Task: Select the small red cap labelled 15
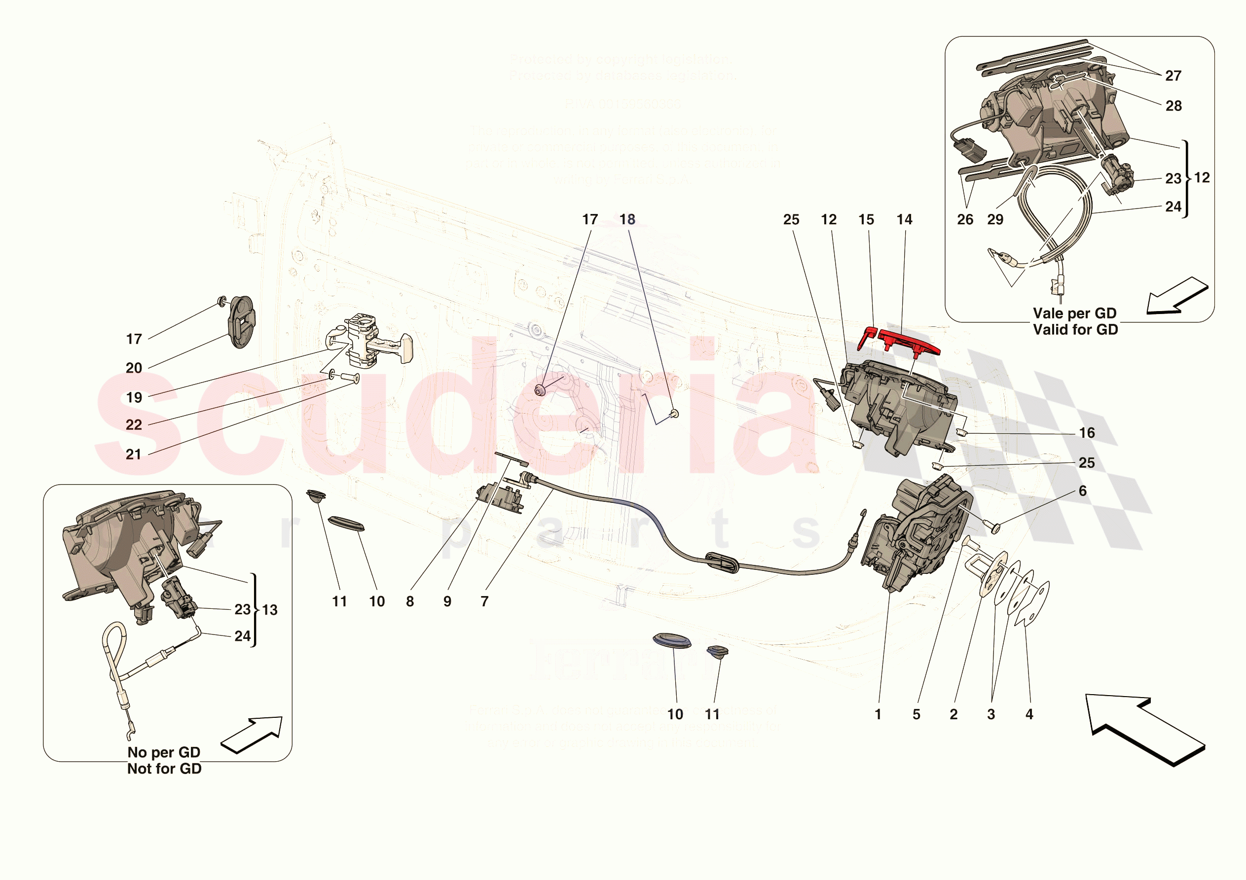pyautogui.click(x=867, y=338)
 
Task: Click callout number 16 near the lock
pyautogui.click(x=1087, y=433)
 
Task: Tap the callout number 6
pyautogui.click(x=1083, y=491)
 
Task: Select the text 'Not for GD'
pyautogui.click(x=164, y=769)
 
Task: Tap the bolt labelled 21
pyautogui.click(x=350, y=378)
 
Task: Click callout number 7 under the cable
pyautogui.click(x=484, y=601)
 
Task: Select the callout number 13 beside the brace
pyautogui.click(x=270, y=610)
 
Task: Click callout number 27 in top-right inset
pyautogui.click(x=1173, y=76)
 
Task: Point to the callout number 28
pyautogui.click(x=1173, y=106)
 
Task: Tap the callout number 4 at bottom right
pyautogui.click(x=1029, y=714)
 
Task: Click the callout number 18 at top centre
pyautogui.click(x=627, y=219)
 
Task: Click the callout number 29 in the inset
pyautogui.click(x=995, y=219)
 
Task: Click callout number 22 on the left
pyautogui.click(x=134, y=425)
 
